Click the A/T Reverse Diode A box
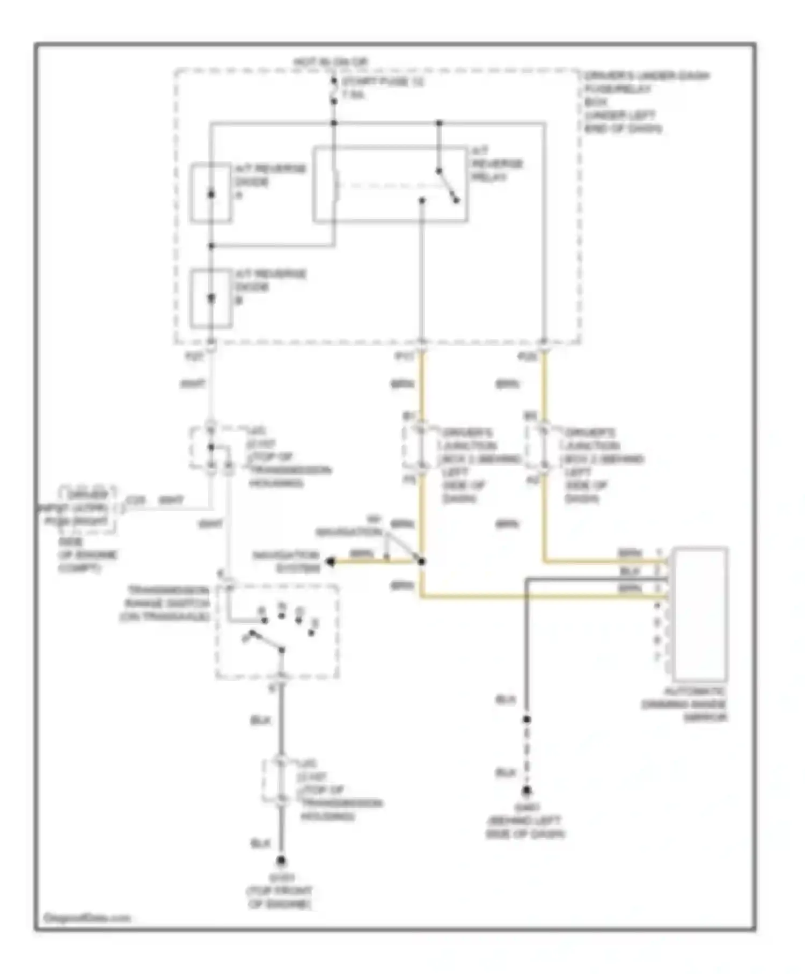tap(211, 193)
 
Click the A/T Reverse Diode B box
tap(211, 299)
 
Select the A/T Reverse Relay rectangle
tap(390, 184)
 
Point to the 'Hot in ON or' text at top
tap(331, 63)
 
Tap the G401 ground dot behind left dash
tap(526, 790)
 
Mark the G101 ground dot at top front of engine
tap(281, 861)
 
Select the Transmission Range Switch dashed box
tap(277, 632)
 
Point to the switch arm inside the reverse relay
tap(447, 186)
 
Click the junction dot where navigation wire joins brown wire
tap(422, 562)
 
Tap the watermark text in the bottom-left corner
tap(86, 918)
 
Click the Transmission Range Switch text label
tap(165, 603)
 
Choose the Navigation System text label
tap(287, 561)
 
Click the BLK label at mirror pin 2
tap(629, 571)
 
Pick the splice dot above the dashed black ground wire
tap(526, 719)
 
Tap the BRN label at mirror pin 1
tap(629, 553)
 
